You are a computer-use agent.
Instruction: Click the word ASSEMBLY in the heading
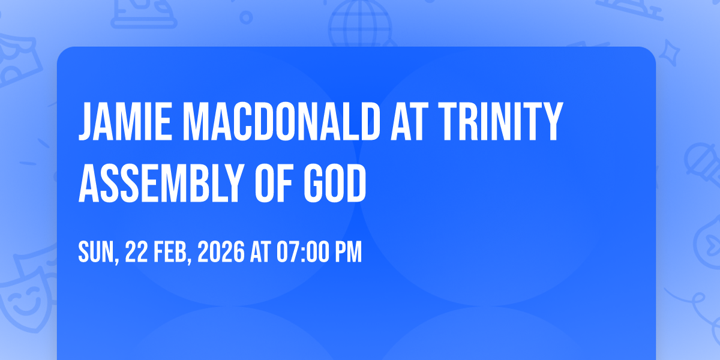coord(160,183)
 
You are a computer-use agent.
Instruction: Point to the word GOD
coord(335,183)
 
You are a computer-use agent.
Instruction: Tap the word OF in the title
coord(273,183)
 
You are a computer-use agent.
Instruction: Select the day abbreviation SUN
coord(97,253)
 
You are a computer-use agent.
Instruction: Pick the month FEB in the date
coord(171,253)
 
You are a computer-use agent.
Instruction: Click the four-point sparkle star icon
coord(670,53)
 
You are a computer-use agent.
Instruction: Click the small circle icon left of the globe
coord(246,17)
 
